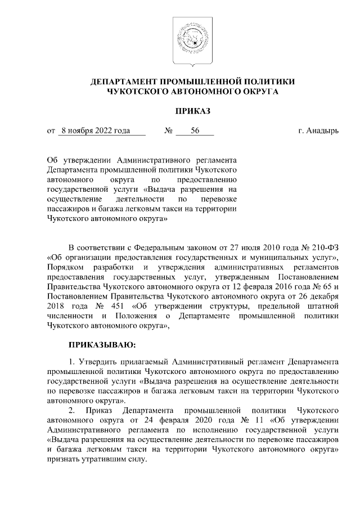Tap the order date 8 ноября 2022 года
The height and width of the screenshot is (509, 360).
click(96, 131)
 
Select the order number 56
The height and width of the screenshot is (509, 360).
click(195, 131)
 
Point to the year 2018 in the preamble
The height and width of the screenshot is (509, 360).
click(58, 305)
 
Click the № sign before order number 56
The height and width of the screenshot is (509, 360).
click(168, 131)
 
